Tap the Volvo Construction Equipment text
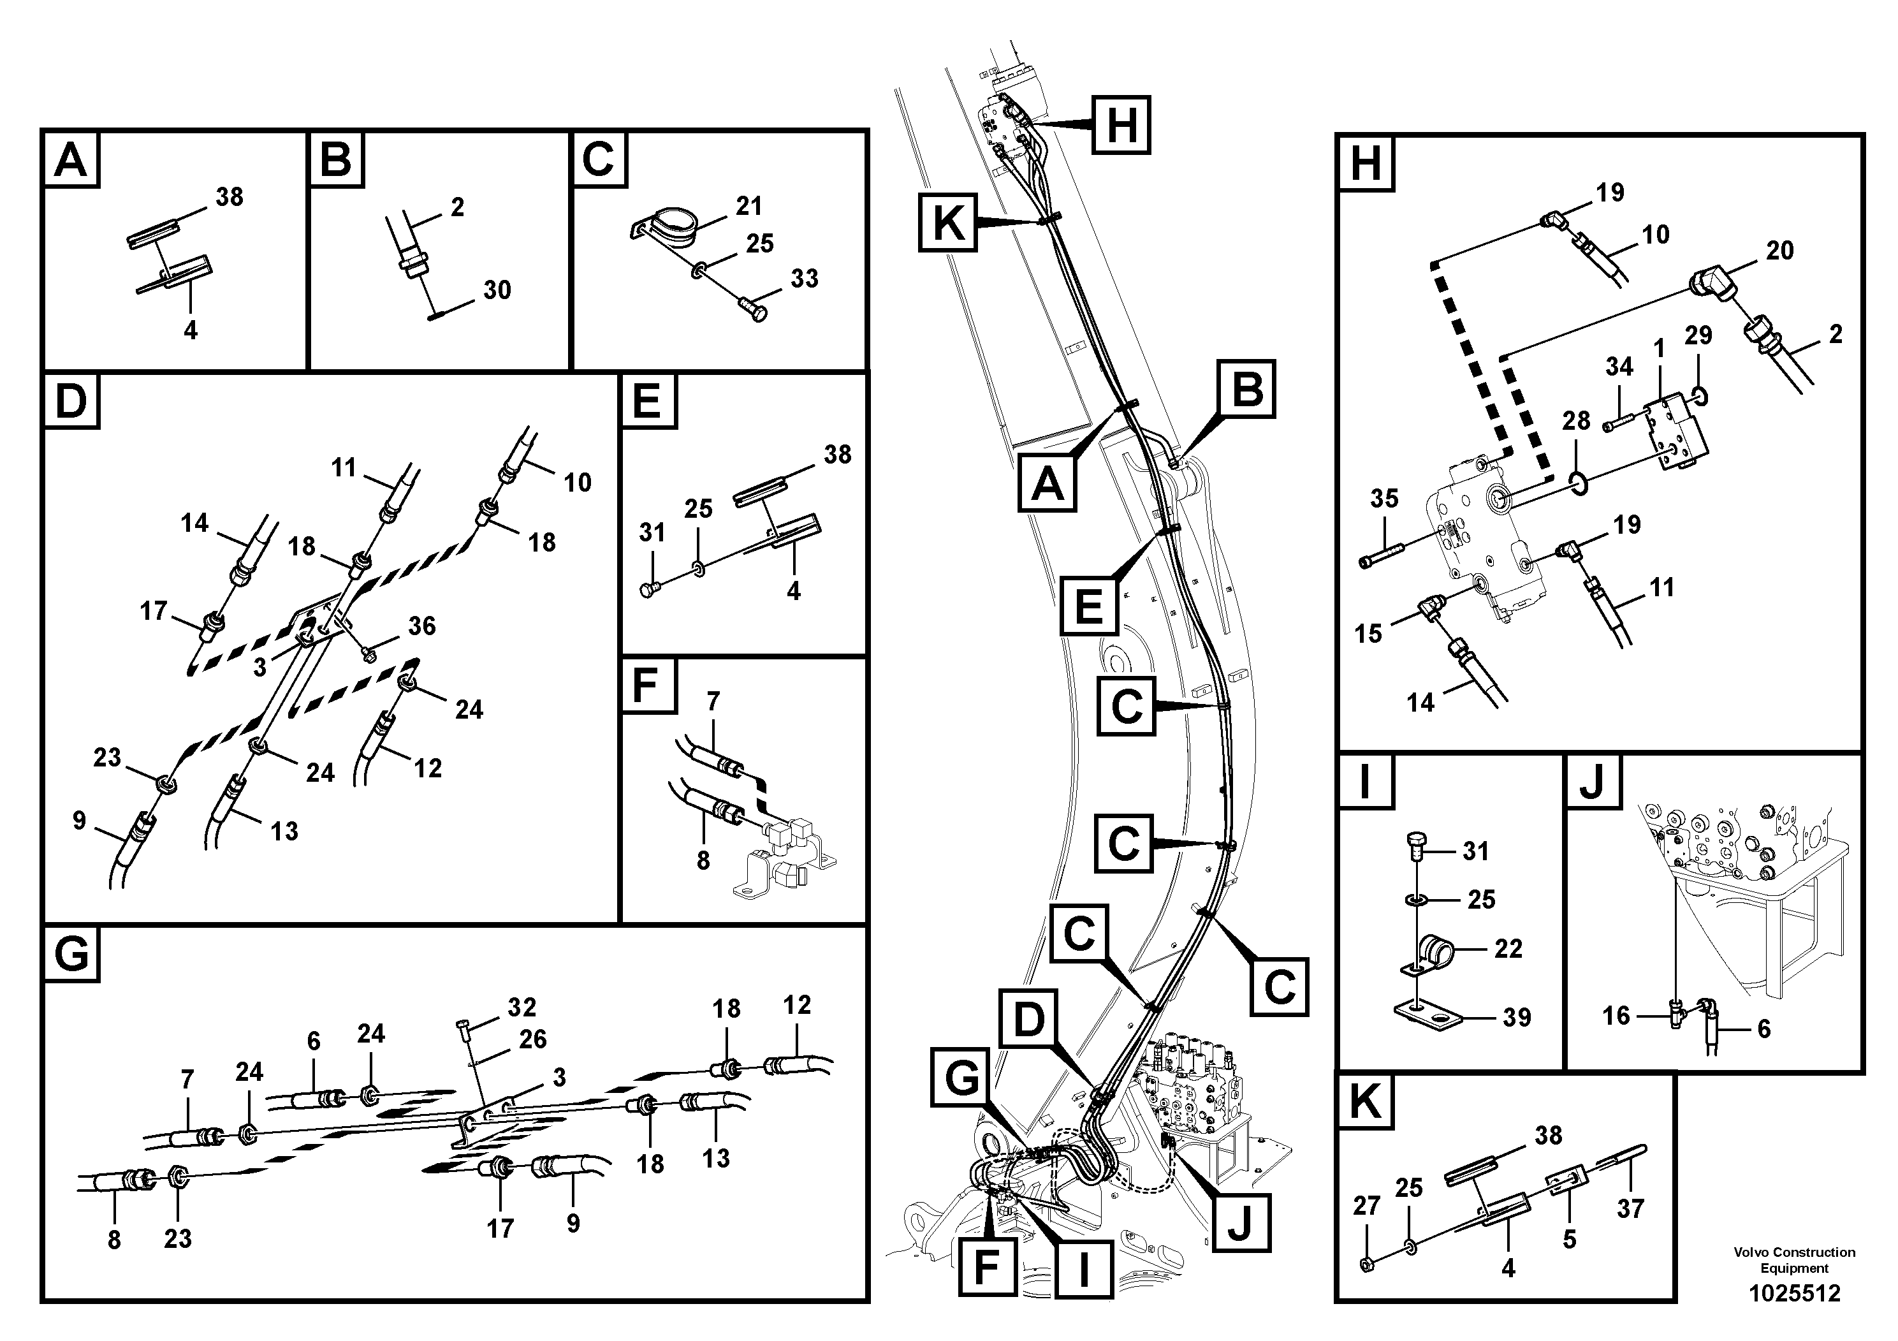pyautogui.click(x=1794, y=1260)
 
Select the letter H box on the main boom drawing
pyautogui.click(x=1121, y=125)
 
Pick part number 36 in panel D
pyautogui.click(x=421, y=626)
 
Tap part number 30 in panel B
pyautogui.click(x=497, y=290)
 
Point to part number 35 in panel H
pyautogui.click(x=1384, y=499)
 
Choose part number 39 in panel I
pyautogui.click(x=1516, y=1017)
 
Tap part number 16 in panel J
pyautogui.click(x=1616, y=1015)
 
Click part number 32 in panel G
pyautogui.click(x=522, y=1007)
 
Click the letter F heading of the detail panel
pyautogui.click(x=644, y=685)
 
